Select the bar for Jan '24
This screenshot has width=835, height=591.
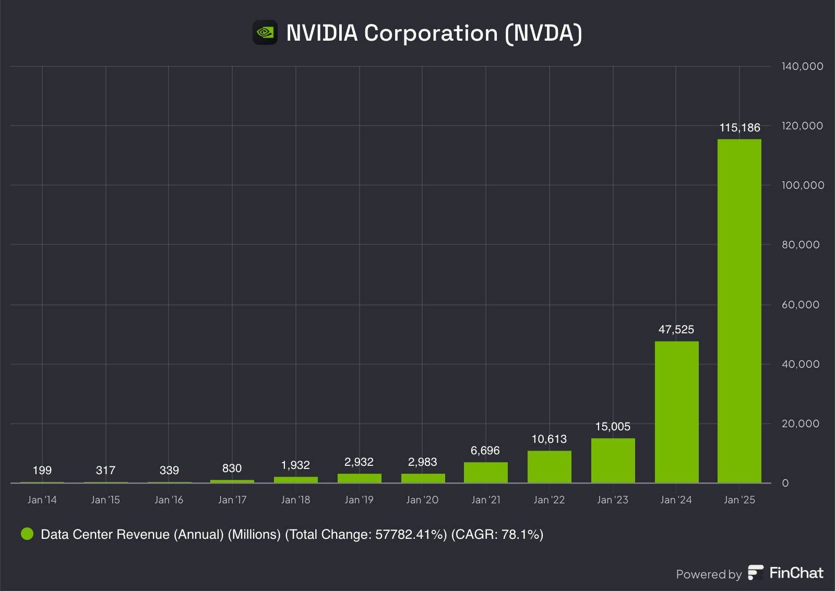pos(676,412)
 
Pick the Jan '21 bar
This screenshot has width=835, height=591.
pos(485,473)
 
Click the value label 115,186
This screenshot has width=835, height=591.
pos(739,128)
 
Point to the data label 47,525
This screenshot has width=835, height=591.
pos(676,330)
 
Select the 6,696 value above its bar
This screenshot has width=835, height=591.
pos(485,451)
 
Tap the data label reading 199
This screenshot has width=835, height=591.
pos(42,471)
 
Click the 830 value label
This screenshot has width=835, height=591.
pos(232,468)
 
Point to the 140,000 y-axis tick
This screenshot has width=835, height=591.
pos(802,66)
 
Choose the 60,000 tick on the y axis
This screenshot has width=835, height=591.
pos(800,305)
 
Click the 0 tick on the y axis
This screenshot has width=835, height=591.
pos(785,483)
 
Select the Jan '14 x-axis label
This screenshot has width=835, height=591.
pos(42,500)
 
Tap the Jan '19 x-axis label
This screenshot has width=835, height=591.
pos(359,500)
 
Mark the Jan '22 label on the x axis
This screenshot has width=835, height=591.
pos(549,500)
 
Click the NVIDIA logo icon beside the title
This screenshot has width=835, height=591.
pos(265,33)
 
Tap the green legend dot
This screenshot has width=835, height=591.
pos(27,534)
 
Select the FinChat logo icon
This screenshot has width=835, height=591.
pos(755,573)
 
